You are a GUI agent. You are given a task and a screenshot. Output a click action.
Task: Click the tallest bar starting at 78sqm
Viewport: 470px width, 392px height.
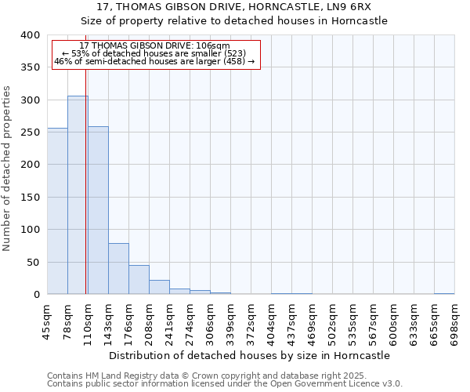click(78, 195)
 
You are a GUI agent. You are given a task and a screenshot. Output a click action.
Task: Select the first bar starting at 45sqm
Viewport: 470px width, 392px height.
click(57, 211)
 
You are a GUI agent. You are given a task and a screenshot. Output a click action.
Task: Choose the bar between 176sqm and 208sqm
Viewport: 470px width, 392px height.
click(139, 280)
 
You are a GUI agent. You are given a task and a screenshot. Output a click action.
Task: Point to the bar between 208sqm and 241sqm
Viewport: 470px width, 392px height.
click(159, 287)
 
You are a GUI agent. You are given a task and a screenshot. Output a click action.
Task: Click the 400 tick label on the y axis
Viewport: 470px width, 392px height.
click(30, 35)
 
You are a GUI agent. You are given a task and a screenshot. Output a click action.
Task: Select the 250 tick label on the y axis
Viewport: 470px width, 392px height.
click(30, 132)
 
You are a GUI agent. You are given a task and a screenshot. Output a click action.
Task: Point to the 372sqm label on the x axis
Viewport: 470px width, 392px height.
click(251, 321)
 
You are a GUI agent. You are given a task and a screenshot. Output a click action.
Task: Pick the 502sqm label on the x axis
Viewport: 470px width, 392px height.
click(333, 321)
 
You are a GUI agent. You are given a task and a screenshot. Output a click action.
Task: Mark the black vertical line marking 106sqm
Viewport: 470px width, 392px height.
click(85, 180)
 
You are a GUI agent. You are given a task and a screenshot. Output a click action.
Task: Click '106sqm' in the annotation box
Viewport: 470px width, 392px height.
click(212, 45)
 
